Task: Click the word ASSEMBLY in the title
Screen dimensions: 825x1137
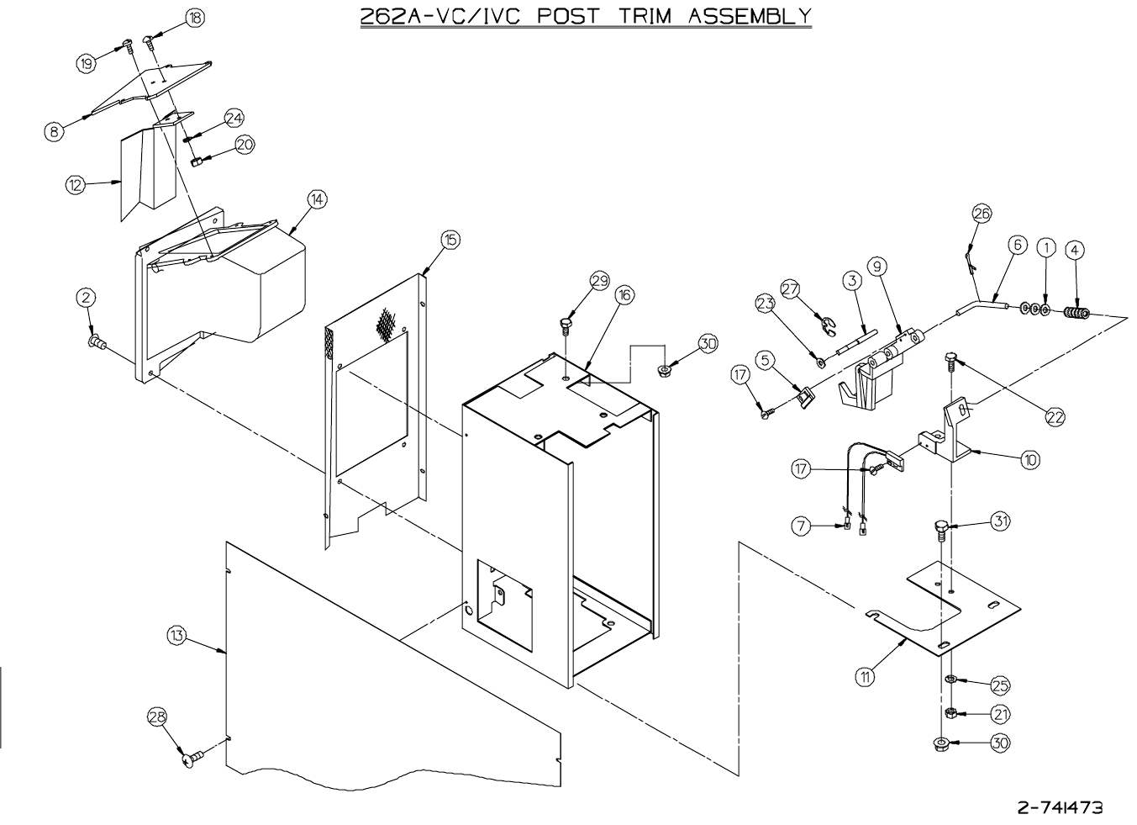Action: pos(750,15)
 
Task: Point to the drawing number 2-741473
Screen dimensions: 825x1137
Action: pos(1060,807)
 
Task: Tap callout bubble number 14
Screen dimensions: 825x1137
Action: pos(316,199)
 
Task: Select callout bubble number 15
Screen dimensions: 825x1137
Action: pos(450,241)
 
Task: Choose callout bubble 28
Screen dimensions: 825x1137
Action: pos(158,717)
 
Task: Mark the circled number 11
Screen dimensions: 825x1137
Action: pos(865,674)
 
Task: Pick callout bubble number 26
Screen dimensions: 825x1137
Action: pos(982,214)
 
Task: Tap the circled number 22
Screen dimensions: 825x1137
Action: pos(1055,415)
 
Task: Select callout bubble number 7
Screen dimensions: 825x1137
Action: pos(801,526)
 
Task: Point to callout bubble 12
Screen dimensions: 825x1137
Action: pos(76,185)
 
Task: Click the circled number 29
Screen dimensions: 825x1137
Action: pos(599,282)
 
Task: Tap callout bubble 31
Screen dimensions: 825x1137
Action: pos(999,521)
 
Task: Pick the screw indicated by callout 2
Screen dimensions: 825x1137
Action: pos(97,341)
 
